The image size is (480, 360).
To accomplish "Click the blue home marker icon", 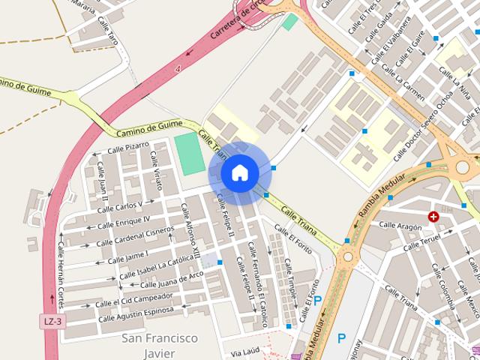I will click(239, 173).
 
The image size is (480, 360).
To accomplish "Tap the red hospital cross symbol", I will click(433, 217).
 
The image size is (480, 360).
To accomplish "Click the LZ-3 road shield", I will click(51, 320).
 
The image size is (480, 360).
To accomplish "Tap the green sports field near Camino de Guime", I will click(189, 152).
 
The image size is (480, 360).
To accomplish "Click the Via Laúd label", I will click(245, 352).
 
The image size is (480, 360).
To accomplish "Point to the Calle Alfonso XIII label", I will click(190, 229).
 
